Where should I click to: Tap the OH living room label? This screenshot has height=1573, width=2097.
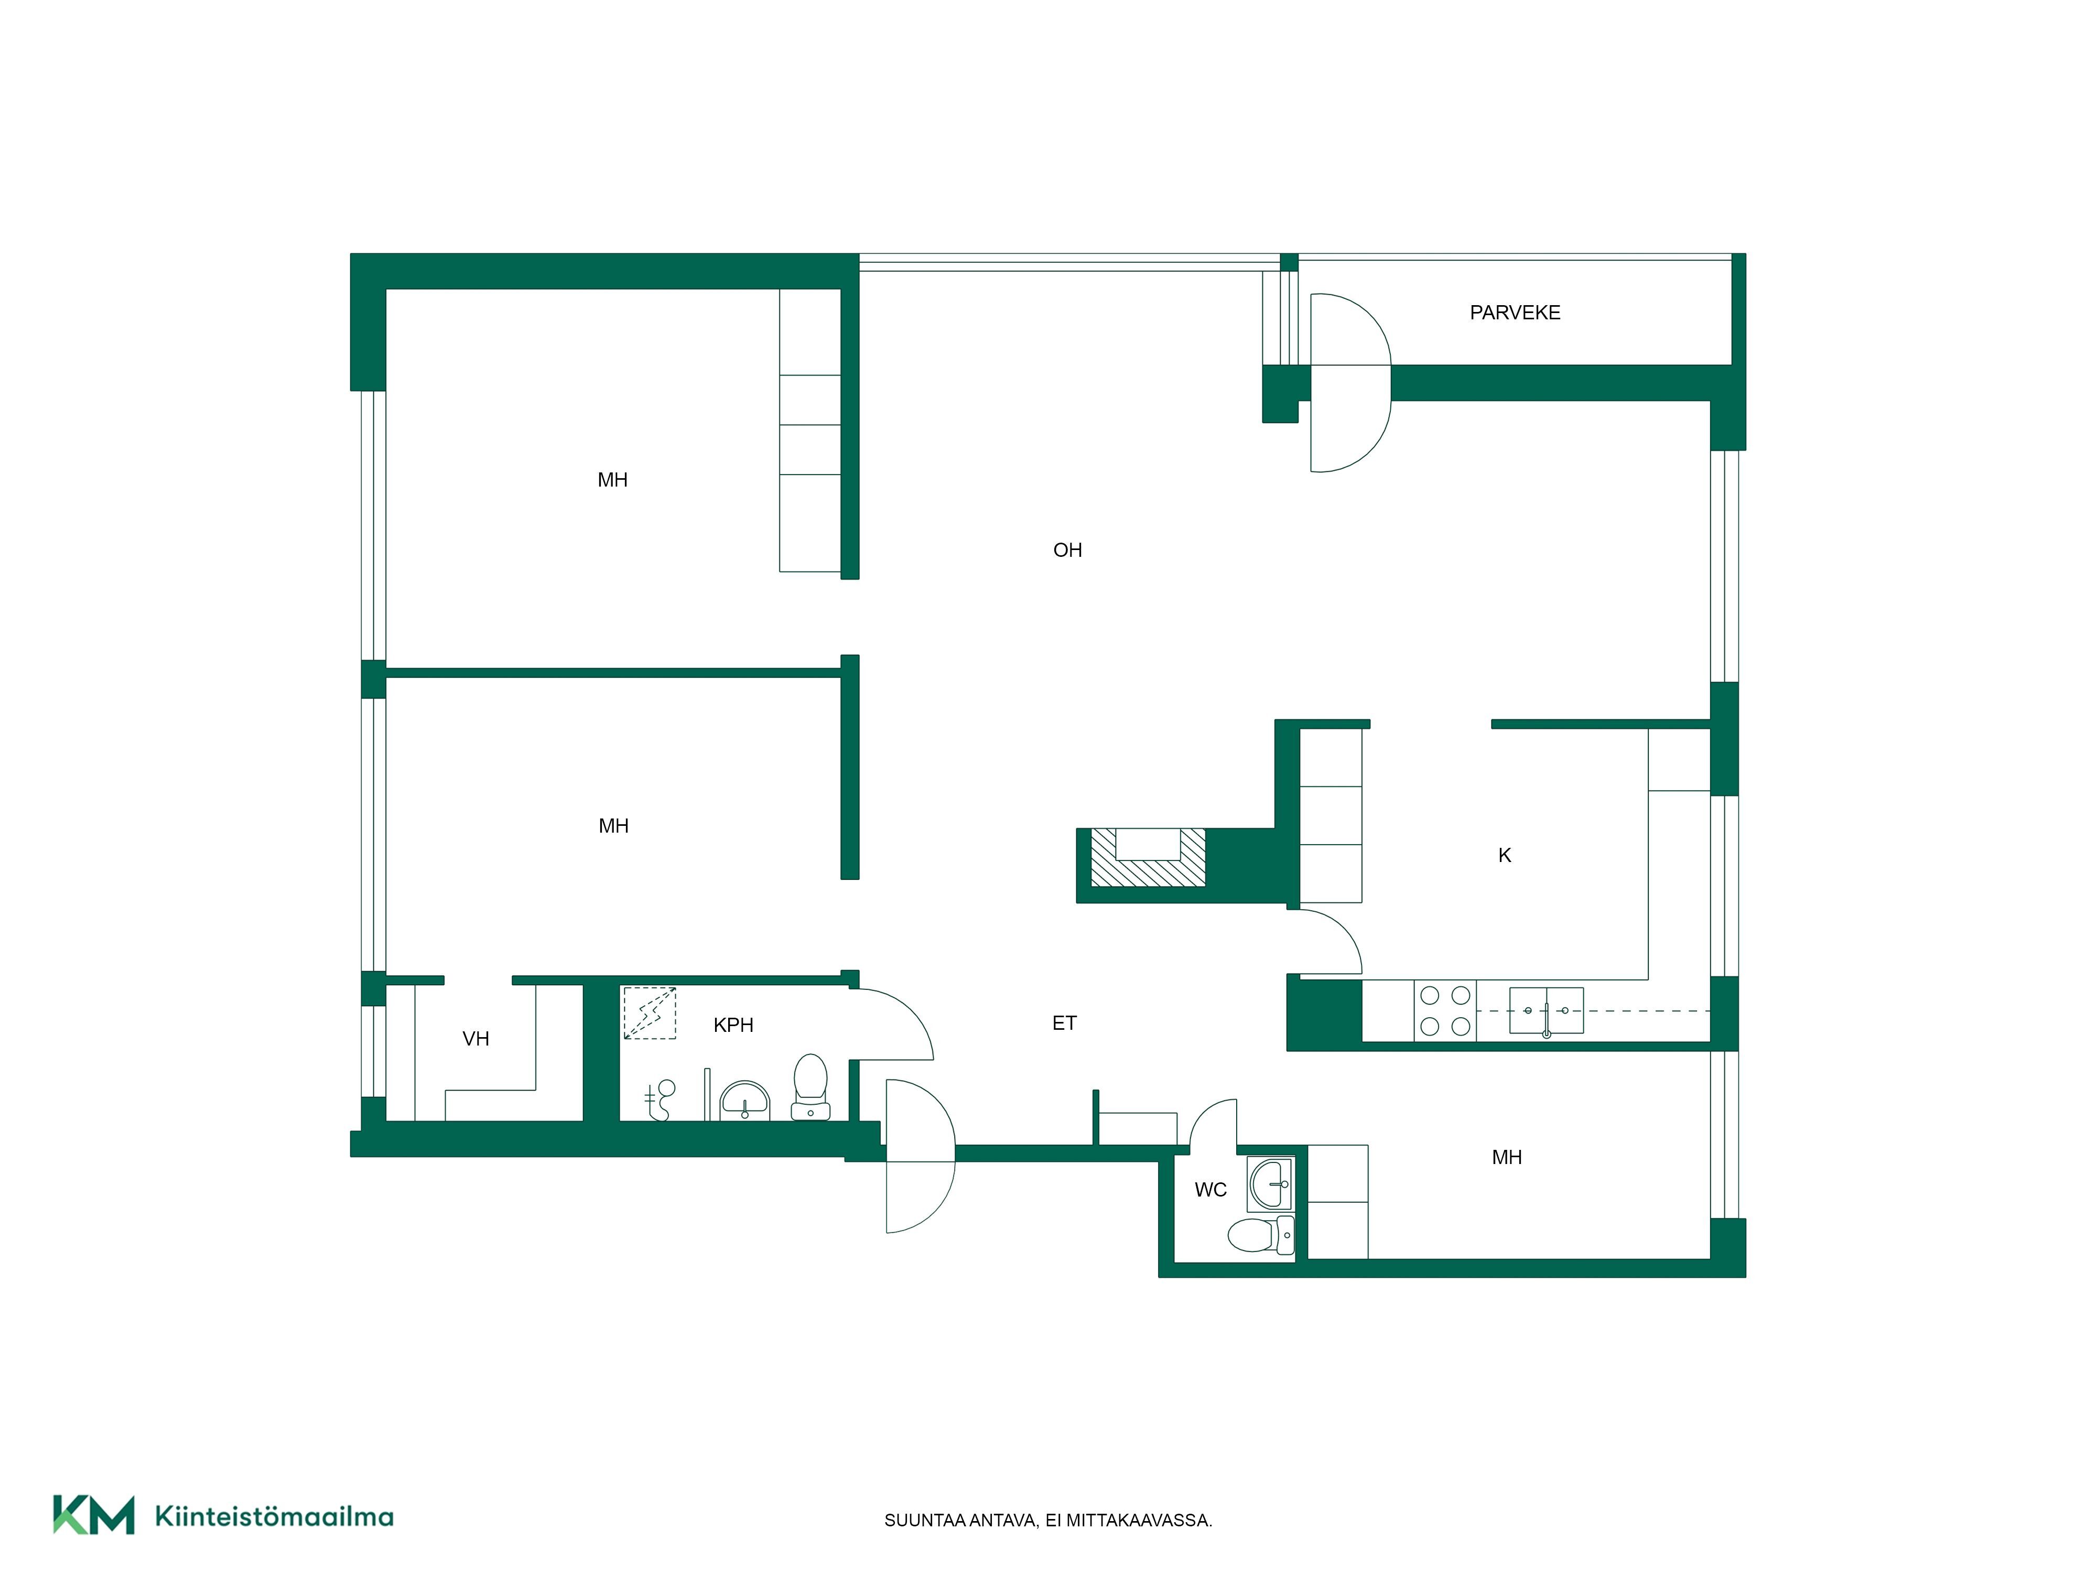tap(1067, 550)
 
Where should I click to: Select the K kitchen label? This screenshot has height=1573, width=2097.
tap(1505, 855)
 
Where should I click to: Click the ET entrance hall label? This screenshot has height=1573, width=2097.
tap(1065, 1023)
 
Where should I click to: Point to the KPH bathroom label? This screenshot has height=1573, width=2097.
tap(733, 1025)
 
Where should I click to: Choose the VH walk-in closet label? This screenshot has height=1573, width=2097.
tap(476, 1039)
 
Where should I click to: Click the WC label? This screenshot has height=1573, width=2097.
tap(1210, 1190)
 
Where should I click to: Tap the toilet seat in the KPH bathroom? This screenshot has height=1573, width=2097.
tap(810, 1086)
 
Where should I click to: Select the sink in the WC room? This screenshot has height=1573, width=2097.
tap(1270, 1184)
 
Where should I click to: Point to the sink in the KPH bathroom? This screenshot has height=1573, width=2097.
tap(745, 1101)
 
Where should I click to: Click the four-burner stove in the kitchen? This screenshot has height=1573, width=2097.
tap(1445, 1011)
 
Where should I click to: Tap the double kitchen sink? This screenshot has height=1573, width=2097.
tap(1546, 1010)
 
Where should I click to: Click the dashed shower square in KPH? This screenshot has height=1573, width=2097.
tap(650, 1012)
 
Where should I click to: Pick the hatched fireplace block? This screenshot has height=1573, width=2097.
tap(1148, 858)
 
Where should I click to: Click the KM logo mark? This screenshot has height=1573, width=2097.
tap(94, 1515)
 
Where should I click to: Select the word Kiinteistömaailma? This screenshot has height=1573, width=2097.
tap(274, 1517)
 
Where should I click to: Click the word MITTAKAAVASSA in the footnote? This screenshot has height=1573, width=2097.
tap(1139, 1521)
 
